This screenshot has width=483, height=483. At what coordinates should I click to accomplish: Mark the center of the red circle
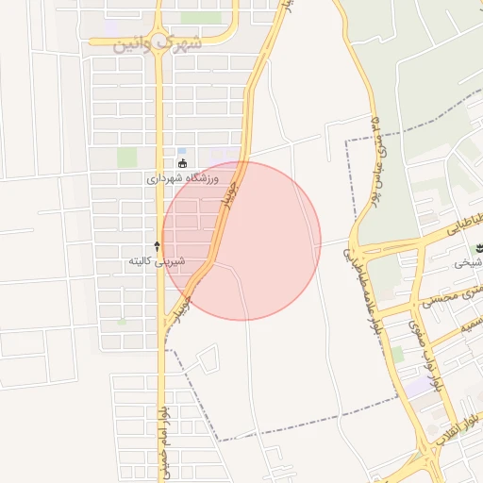click(241, 241)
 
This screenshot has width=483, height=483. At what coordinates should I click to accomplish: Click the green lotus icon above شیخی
click(475, 248)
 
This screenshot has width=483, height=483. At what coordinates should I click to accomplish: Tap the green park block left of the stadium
click(126, 157)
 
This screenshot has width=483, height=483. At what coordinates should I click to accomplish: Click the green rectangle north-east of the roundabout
click(200, 17)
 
